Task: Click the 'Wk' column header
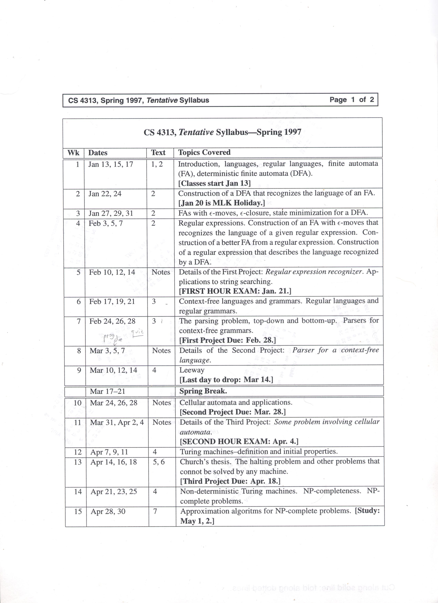[x=73, y=153]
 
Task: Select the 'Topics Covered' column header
[x=204, y=152]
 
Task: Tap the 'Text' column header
[x=158, y=153]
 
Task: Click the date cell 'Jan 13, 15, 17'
[x=111, y=164]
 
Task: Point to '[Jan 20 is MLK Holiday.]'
[x=222, y=203]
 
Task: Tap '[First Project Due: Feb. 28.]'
[x=228, y=340]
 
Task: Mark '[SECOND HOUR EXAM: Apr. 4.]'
[x=239, y=441]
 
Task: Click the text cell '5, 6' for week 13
[x=159, y=462]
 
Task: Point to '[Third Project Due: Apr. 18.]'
[x=230, y=481]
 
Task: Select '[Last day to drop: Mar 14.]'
[x=226, y=380]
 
